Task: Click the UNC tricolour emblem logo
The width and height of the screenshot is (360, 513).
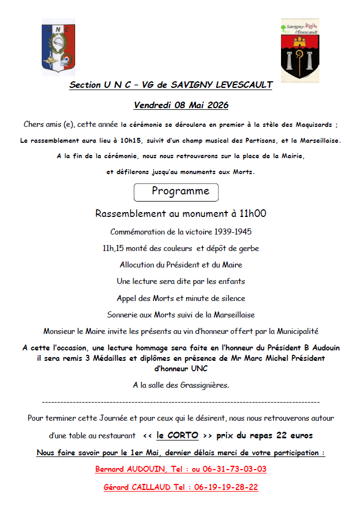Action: tap(59, 47)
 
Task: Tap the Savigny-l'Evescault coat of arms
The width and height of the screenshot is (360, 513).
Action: tap(300, 50)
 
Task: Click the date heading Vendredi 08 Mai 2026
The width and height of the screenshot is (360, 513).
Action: tap(181, 105)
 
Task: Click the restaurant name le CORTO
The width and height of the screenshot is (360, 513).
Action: tap(177, 436)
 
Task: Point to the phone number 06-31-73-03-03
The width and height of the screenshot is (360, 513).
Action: tap(239, 470)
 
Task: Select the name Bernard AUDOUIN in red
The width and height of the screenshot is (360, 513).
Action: tap(127, 470)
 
